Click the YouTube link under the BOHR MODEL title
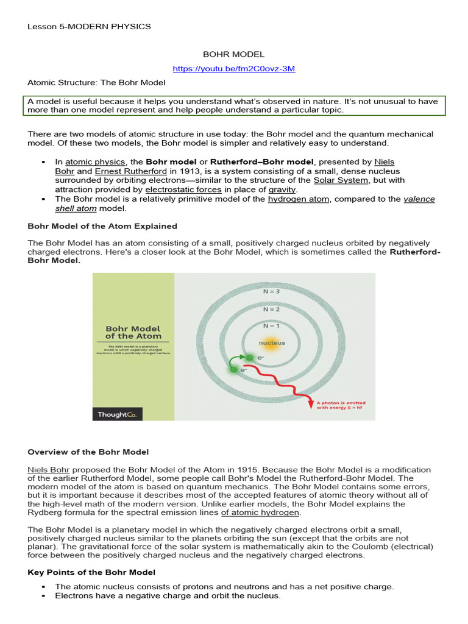234,68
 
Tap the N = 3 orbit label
271,291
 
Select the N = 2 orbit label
271,309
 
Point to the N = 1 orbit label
271,325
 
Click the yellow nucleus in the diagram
271,343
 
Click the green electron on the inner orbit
249,357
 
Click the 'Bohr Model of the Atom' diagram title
133,332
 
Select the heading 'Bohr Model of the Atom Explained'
102,226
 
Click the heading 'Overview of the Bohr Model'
88,452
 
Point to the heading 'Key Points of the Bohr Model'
91,572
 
